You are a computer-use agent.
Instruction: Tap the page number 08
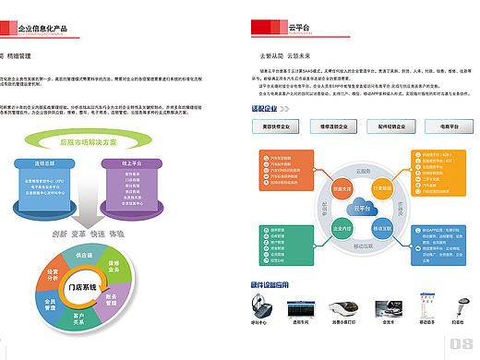point(462,345)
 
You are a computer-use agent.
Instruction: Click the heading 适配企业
point(264,108)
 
